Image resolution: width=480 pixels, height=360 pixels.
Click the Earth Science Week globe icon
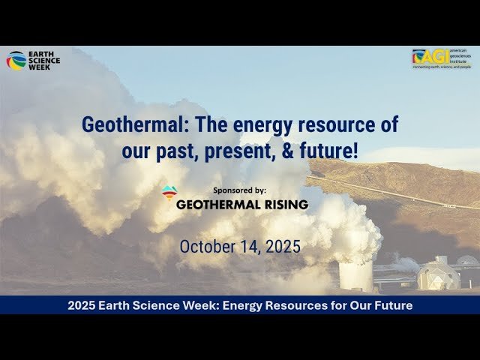(x=16, y=61)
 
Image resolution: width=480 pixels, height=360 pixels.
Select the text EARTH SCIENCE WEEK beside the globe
(x=43, y=60)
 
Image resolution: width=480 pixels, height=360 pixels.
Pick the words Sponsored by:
(x=239, y=190)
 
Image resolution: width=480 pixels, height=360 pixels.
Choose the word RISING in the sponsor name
(x=282, y=203)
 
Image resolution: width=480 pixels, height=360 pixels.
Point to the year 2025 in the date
(x=281, y=247)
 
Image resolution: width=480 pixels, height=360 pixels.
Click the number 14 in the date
(x=248, y=247)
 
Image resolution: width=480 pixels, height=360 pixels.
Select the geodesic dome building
(x=437, y=274)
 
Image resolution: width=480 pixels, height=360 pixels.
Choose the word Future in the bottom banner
(x=390, y=305)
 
